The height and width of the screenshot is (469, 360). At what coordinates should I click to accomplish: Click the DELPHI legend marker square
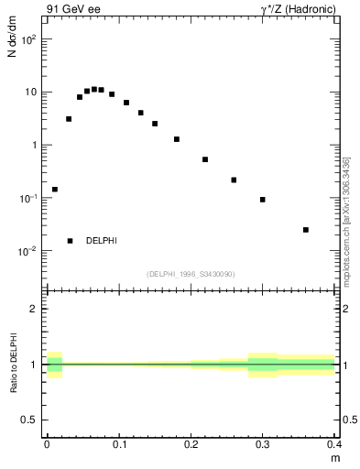70,241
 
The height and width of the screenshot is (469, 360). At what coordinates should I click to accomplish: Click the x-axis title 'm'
334,457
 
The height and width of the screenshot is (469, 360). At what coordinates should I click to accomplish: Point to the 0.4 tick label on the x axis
334,444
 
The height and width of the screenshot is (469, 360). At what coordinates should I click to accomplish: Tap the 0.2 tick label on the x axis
191,444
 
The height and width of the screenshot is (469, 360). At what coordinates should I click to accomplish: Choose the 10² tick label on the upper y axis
28,39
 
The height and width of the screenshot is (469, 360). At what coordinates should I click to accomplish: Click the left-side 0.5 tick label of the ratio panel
31,420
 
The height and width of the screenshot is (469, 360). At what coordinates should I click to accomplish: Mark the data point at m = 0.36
306,230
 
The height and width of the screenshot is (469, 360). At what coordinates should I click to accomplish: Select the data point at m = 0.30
263,200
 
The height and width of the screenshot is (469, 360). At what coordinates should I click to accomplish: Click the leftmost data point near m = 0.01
55,190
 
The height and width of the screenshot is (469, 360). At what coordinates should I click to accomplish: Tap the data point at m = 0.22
205,159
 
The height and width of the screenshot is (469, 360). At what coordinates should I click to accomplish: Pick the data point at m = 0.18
177,139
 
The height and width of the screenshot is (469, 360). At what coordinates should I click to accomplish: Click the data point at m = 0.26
234,180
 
